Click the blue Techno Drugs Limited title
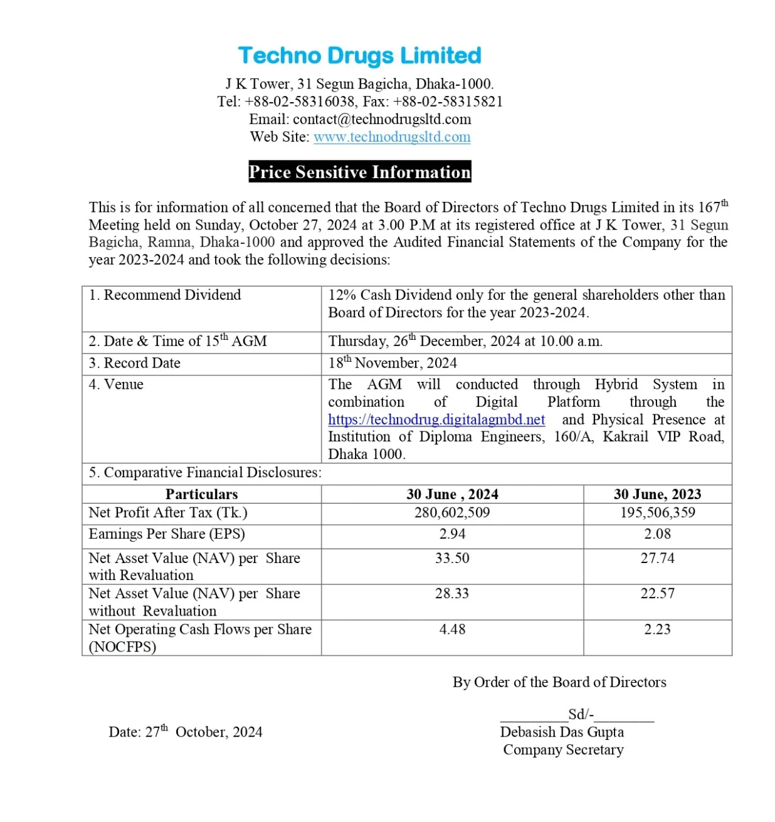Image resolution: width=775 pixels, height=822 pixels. click(x=359, y=56)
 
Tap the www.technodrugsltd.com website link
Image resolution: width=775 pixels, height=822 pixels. click(x=392, y=137)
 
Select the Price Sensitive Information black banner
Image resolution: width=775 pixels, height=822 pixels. click(x=359, y=172)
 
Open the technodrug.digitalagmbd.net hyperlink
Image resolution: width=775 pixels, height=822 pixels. click(x=436, y=419)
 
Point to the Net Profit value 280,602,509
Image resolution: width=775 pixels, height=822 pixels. click(x=452, y=513)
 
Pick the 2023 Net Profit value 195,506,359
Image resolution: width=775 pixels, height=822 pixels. click(x=657, y=513)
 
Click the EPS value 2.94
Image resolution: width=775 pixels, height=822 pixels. click(x=452, y=534)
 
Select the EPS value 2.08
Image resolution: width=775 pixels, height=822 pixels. click(x=657, y=534)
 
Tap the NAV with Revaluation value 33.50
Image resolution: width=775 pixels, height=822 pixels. click(x=452, y=558)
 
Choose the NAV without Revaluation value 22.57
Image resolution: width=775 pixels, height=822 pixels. click(x=657, y=594)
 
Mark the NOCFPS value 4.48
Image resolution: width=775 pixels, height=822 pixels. click(x=452, y=630)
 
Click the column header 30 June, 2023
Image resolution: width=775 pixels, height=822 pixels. click(x=657, y=494)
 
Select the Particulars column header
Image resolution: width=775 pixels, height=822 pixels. click(x=201, y=494)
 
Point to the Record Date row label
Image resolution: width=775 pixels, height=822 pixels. click(x=135, y=363)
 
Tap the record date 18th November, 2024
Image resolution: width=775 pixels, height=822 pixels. click(x=393, y=363)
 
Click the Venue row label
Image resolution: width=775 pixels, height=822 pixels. click(x=117, y=384)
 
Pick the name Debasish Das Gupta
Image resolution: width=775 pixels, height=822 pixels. click(x=562, y=732)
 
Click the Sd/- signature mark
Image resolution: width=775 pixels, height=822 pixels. click(x=581, y=715)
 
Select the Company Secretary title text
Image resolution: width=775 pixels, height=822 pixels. click(x=563, y=750)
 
